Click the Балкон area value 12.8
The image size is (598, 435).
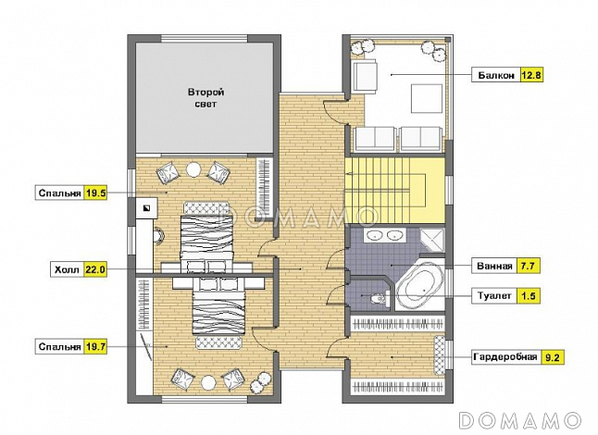(x=530, y=75)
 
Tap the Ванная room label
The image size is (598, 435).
(x=494, y=266)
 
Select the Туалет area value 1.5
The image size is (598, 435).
(x=529, y=296)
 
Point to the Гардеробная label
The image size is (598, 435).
(x=505, y=357)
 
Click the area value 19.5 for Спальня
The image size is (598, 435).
(x=95, y=193)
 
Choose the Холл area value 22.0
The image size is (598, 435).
(x=95, y=270)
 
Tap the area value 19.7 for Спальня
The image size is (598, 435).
(x=95, y=347)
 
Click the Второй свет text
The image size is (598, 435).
(x=206, y=98)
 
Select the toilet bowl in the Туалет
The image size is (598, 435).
(x=379, y=298)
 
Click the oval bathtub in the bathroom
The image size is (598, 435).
(x=420, y=284)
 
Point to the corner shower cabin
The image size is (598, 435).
(x=432, y=240)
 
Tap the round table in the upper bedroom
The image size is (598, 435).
(x=193, y=169)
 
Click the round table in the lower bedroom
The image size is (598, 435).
(x=208, y=382)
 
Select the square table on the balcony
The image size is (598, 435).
(x=427, y=99)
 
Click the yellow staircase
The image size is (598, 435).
(x=394, y=191)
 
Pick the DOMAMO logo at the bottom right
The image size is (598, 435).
(x=520, y=420)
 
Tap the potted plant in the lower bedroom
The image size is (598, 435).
(x=260, y=383)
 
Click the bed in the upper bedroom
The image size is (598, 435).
(x=206, y=236)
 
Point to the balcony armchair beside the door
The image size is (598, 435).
(x=364, y=75)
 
